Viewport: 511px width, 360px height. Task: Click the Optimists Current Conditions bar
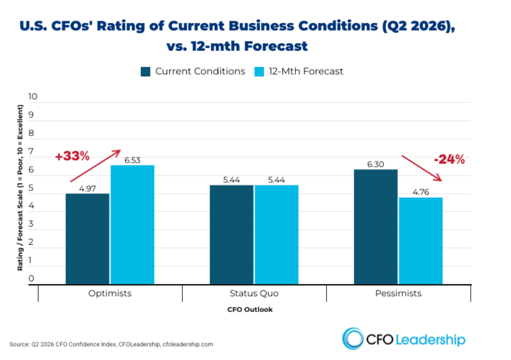(87, 239)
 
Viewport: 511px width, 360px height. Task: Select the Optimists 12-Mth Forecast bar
(132, 225)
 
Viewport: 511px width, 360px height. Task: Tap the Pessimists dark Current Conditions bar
(376, 227)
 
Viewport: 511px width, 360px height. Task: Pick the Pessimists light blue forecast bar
(421, 241)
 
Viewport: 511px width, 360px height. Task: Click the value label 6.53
(132, 160)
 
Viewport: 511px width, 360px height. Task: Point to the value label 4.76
(421, 192)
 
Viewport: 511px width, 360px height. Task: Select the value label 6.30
(376, 164)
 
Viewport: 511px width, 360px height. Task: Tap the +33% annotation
(73, 156)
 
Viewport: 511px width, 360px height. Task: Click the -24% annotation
(449, 159)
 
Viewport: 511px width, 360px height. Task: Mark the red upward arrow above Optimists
(96, 166)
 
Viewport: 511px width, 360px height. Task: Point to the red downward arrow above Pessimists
(421, 168)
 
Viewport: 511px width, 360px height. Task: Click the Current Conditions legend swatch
(145, 71)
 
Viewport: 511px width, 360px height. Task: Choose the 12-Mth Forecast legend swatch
(259, 71)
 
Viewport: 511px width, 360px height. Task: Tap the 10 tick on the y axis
(33, 97)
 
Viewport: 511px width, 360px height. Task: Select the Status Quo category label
(254, 293)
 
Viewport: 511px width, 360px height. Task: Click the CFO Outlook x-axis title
(250, 310)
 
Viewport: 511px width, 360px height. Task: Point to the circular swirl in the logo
(353, 339)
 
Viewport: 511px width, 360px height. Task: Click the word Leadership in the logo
(431, 340)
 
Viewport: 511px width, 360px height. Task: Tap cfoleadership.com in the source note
(188, 344)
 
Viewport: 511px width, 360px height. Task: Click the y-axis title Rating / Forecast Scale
(20, 188)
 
